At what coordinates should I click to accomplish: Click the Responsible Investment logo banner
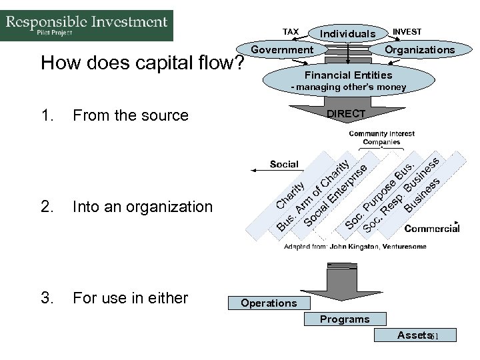click(87, 25)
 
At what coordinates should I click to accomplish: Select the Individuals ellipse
click(347, 33)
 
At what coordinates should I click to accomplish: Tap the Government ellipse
click(281, 49)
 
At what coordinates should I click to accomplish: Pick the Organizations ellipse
click(421, 49)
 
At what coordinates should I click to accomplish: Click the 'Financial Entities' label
click(348, 75)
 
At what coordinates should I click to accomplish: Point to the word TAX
click(291, 31)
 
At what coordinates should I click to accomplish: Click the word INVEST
click(407, 31)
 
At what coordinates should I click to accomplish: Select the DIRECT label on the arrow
click(346, 114)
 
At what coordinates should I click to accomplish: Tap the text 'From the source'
click(131, 115)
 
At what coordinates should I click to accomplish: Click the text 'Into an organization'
click(143, 207)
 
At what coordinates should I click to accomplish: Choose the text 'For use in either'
click(131, 297)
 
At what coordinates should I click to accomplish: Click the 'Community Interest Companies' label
click(381, 137)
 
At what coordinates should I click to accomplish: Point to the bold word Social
click(284, 164)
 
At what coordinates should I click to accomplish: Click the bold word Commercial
click(432, 228)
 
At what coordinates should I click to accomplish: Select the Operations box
click(269, 303)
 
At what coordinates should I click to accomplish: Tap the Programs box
click(344, 319)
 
